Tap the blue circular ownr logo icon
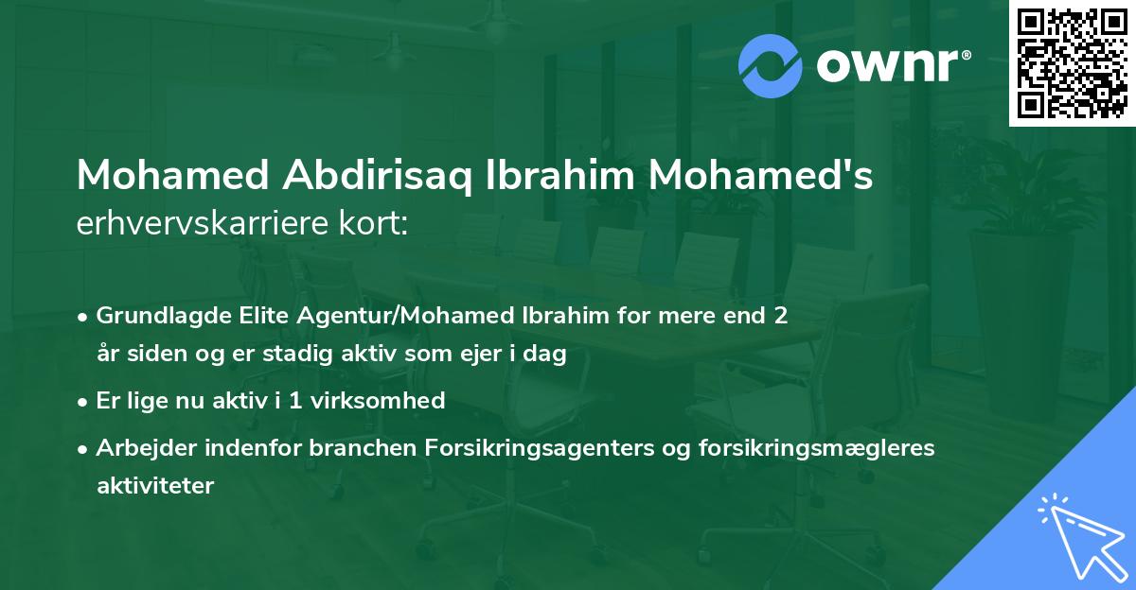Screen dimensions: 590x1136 (x=770, y=66)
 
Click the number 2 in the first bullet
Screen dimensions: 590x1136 (x=780, y=316)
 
